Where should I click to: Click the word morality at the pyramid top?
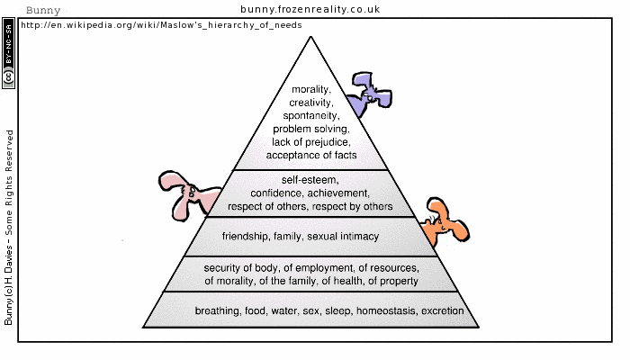(x=311, y=90)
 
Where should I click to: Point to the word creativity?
(x=311, y=103)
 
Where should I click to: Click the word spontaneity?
(x=311, y=116)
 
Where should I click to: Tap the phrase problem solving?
(x=311, y=130)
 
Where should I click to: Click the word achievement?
(x=340, y=193)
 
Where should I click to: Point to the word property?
(x=397, y=281)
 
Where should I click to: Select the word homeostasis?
(x=386, y=311)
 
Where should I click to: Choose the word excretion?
(x=442, y=311)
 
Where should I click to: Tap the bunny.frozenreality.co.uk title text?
(x=310, y=9)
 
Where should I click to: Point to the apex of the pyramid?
(x=310, y=36)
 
